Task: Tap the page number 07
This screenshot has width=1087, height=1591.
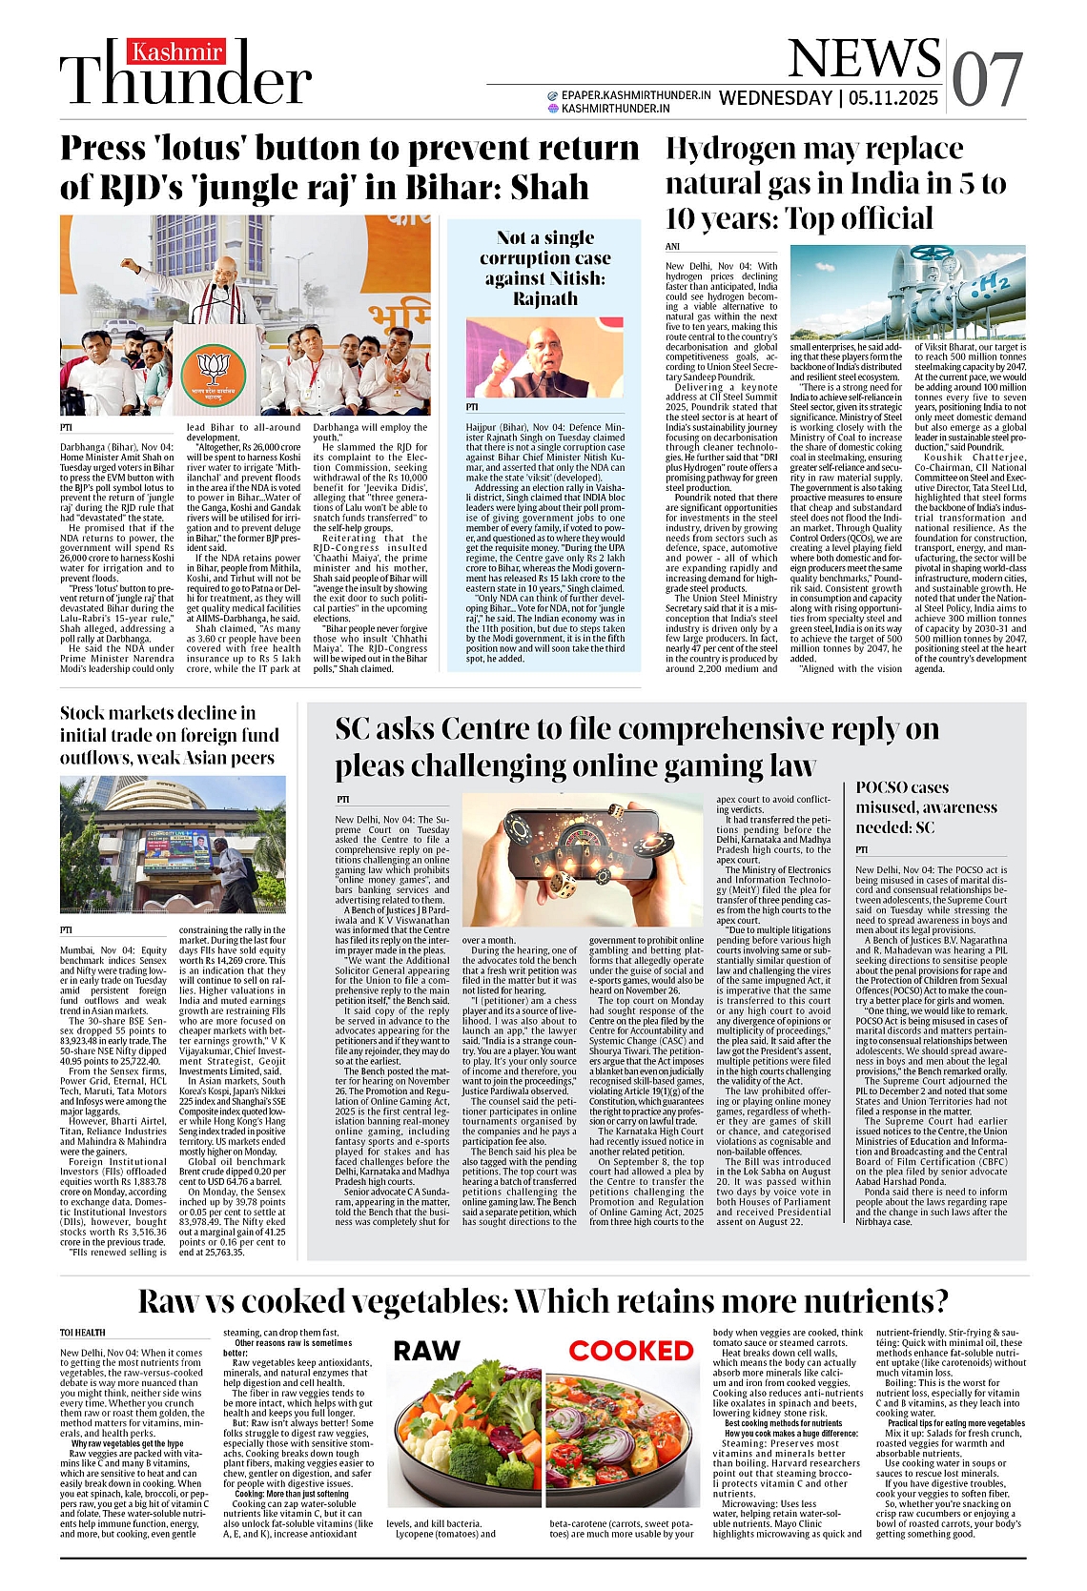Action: (987, 79)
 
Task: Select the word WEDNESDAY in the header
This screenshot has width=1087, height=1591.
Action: (775, 97)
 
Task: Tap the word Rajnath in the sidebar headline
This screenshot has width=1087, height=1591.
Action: (544, 298)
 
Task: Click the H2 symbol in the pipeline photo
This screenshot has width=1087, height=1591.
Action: (992, 281)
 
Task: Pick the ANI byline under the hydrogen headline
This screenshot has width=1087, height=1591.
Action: (672, 247)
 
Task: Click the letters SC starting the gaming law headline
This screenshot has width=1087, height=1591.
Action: (355, 729)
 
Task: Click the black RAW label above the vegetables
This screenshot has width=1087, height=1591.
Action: (426, 1351)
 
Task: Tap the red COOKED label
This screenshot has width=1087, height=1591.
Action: (631, 1351)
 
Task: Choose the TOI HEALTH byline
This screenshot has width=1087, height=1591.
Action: (83, 1333)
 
